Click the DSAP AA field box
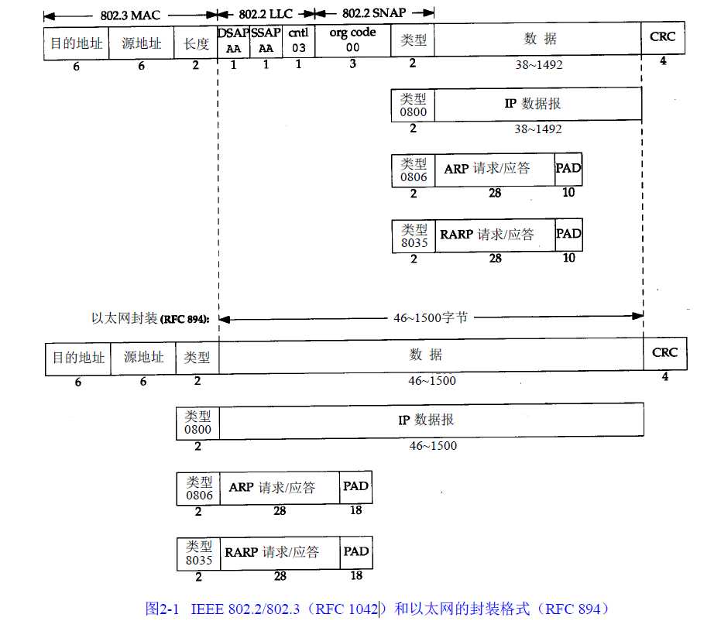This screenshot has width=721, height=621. (x=234, y=41)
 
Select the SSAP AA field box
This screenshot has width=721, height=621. (x=266, y=41)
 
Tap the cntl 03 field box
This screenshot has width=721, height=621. (x=299, y=41)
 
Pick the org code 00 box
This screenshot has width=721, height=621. (x=352, y=40)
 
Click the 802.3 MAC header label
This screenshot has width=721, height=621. (x=131, y=15)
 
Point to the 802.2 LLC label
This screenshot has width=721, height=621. (x=266, y=14)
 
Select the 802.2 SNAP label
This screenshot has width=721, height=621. (x=374, y=13)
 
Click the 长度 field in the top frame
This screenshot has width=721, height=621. (x=196, y=43)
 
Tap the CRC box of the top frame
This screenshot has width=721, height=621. (x=663, y=38)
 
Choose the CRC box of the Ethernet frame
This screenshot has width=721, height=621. (x=665, y=354)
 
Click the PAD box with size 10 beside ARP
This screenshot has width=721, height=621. (x=568, y=170)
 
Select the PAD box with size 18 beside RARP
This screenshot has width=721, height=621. (x=356, y=553)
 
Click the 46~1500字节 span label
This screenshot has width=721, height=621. (x=431, y=317)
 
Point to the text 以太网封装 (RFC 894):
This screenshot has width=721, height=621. (x=150, y=318)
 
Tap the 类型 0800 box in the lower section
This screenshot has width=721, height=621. (x=197, y=423)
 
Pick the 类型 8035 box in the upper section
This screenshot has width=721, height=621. (x=414, y=236)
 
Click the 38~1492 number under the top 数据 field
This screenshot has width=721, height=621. (x=539, y=65)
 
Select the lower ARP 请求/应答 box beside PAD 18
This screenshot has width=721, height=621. (x=280, y=488)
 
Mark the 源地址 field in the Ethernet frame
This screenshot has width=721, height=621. (x=143, y=358)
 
